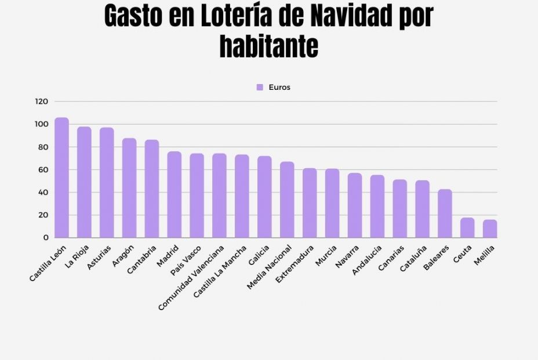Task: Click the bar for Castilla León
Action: pos(61,178)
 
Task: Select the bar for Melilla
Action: pos(490,229)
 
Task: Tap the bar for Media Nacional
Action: pos(287,200)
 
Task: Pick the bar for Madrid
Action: pos(174,195)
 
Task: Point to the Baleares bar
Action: pos(445,214)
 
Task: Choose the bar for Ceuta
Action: pos(467,228)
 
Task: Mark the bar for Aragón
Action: pos(129,188)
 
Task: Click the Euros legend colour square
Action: pos(260,88)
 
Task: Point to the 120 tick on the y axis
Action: pos(41,101)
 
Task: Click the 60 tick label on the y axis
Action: pos(43,170)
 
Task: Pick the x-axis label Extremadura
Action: pos(296,264)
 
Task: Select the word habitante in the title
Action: pos(269,46)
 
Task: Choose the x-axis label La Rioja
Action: pos(77,256)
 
